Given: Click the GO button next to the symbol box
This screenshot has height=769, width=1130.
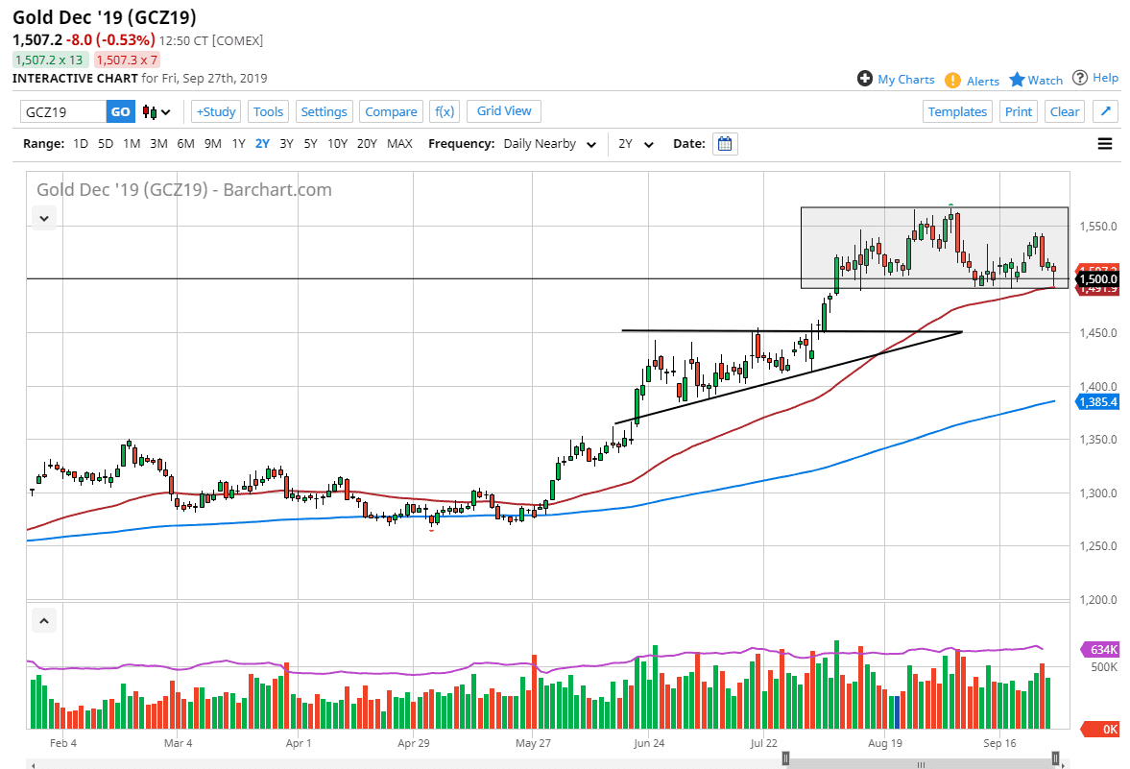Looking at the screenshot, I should pos(120,111).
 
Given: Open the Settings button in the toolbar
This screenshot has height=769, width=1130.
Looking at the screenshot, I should pos(325,111).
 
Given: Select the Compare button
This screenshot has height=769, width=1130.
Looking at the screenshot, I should pos(391,111).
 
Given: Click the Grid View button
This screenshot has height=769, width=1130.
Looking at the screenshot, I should pos(504,110).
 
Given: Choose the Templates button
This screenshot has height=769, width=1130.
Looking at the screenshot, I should pos(957,111).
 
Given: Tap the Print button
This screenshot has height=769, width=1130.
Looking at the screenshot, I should pos(1019,111).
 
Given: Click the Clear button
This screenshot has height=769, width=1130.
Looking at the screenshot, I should pos(1065,111).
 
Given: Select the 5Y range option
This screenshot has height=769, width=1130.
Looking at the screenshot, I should pos(310,144).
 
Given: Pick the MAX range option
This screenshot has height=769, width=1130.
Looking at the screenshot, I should pos(399,144).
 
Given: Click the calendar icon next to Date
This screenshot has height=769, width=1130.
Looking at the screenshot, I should pos(726,144).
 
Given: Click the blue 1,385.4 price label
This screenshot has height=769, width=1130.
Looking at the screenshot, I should pos(1098,401).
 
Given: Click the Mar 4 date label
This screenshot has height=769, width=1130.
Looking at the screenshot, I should pos(179,743).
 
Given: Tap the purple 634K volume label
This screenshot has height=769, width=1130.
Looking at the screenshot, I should pos(1099,650).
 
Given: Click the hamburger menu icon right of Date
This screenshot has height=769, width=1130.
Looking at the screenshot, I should pos(1105,144).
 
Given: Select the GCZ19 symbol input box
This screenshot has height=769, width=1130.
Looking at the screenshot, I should pos(62,111).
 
